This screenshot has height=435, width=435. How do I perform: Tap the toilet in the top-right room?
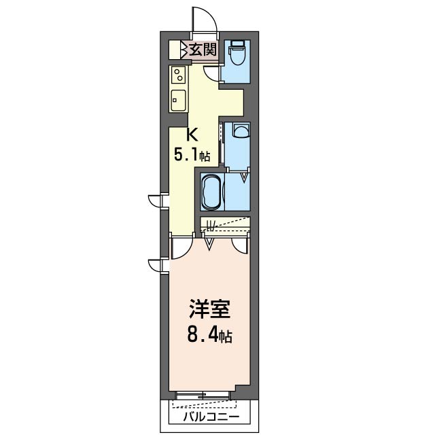(237, 52)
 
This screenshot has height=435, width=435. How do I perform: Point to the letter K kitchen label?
(192, 135)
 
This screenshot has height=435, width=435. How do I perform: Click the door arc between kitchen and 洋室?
(181, 247)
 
